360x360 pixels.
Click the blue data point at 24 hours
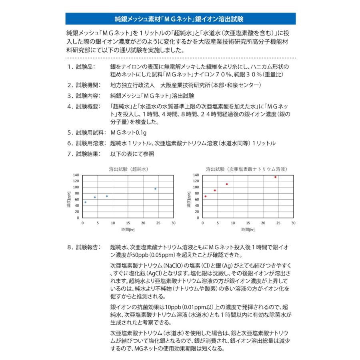tap(155, 189)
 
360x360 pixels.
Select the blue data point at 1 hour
tap(86, 202)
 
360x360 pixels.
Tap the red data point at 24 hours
tap(275, 177)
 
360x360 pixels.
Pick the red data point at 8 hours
tap(227, 184)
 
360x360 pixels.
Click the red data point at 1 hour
tap(206, 196)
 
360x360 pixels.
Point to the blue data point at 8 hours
tap(107, 196)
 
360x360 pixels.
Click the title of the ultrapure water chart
tap(128, 169)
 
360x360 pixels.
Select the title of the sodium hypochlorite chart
tap(247, 169)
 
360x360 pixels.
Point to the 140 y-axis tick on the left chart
tap(76, 175)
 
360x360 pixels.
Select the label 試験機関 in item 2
tap(85, 85)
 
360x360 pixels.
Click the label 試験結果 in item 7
tap(85, 154)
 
